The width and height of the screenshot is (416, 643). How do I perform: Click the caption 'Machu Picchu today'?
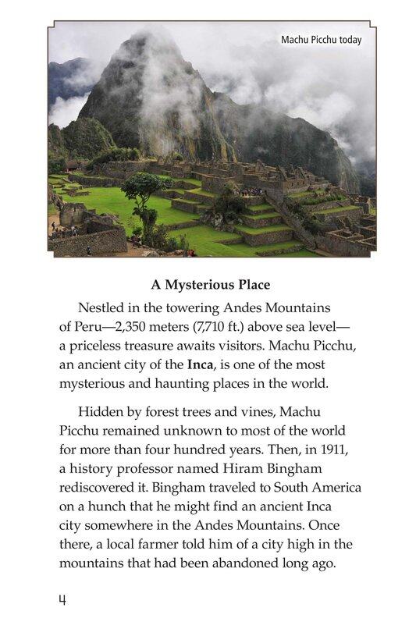(x=321, y=40)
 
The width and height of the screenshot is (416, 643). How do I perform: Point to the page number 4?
(x=62, y=600)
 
